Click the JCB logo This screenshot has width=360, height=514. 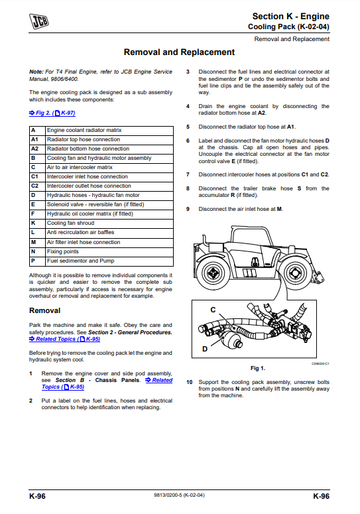(x=39, y=21)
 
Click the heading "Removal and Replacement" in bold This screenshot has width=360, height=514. (x=179, y=52)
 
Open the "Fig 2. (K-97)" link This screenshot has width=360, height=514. (x=52, y=113)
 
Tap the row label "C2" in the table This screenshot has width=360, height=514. (x=34, y=186)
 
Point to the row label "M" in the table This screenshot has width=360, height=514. (x=33, y=242)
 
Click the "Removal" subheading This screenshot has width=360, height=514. (x=45, y=310)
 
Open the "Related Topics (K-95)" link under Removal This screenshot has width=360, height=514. (x=64, y=339)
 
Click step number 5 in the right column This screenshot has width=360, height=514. (x=188, y=127)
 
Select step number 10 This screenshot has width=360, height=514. (x=190, y=382)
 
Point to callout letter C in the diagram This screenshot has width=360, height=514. (x=213, y=310)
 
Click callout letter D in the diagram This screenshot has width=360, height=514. (x=205, y=349)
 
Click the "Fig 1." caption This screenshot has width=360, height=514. (x=258, y=368)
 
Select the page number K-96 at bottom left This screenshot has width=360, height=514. (x=37, y=496)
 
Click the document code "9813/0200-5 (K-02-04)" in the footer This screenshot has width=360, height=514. (x=179, y=495)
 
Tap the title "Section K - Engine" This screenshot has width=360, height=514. (x=290, y=17)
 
